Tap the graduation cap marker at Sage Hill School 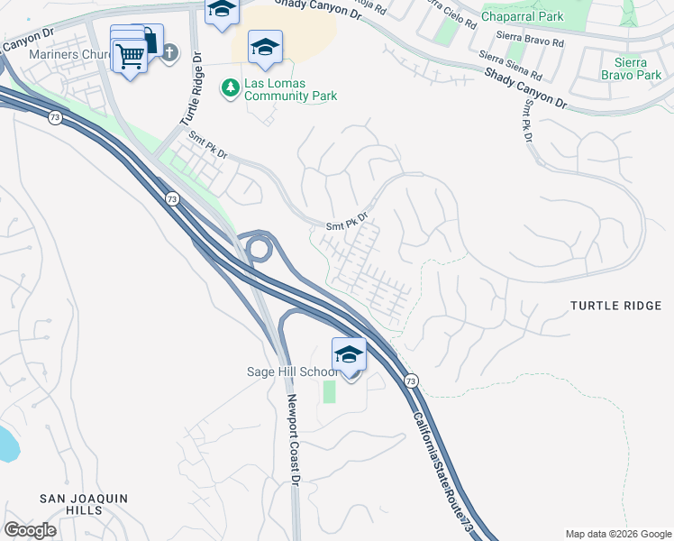point(349,354)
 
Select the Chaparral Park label point(522,16)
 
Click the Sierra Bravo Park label point(630,68)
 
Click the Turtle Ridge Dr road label point(190,89)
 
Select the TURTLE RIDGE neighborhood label point(615,306)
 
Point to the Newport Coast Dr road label point(293,441)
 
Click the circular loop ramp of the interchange point(259,247)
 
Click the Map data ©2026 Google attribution point(617,533)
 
